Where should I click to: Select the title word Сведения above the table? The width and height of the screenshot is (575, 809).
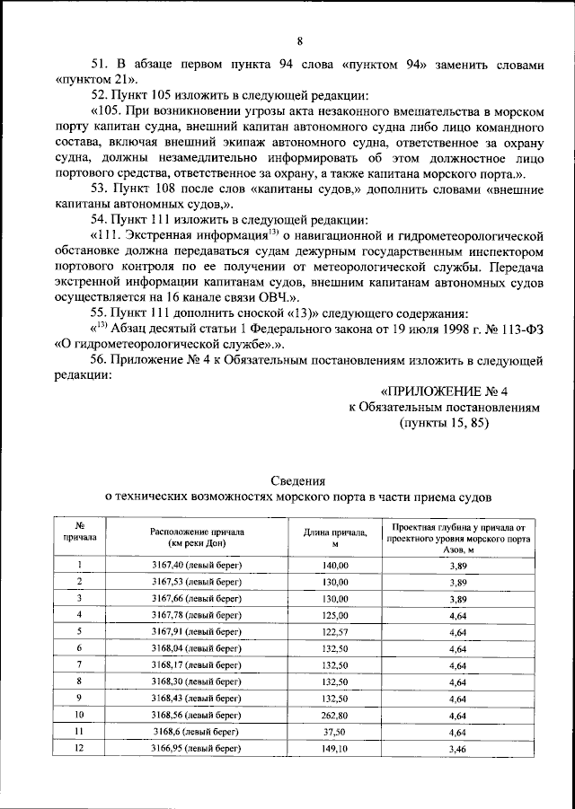(x=298, y=480)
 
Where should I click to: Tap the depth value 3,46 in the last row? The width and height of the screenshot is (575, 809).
(x=456, y=748)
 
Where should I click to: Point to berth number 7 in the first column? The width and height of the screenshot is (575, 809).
(x=80, y=664)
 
